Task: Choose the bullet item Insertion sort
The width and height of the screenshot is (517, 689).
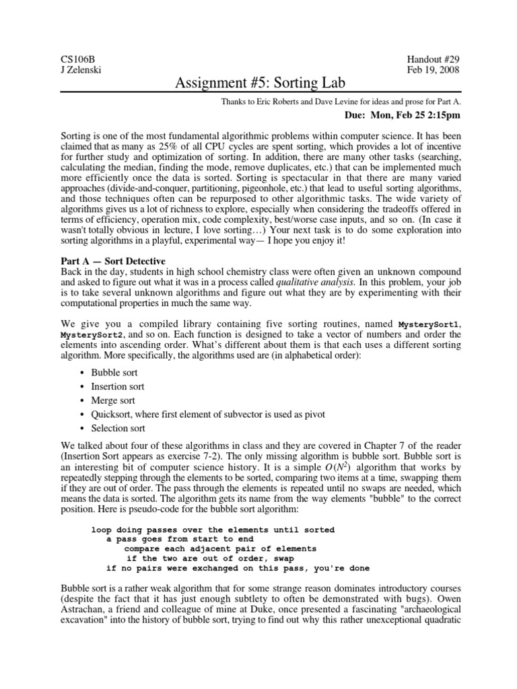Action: [118, 386]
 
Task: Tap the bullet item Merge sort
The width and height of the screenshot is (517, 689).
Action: [113, 400]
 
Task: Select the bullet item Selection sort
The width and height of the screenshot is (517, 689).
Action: [118, 428]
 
